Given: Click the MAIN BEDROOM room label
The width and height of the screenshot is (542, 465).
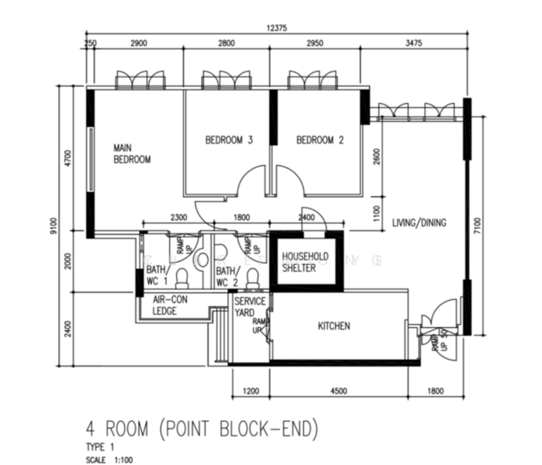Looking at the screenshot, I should coord(132,153).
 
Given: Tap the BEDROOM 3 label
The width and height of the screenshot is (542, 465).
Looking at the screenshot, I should coord(229,140).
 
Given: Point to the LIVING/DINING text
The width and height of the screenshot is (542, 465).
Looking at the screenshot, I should coord(419,223).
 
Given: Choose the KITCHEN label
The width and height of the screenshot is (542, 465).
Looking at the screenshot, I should coord(333,326).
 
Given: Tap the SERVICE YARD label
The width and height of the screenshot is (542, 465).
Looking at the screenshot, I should coord(250,307).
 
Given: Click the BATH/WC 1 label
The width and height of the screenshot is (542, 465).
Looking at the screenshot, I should coord(157,276).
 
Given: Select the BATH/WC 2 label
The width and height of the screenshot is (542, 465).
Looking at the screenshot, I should coord(226,276).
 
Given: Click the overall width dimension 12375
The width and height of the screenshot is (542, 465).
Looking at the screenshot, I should coord(276,29).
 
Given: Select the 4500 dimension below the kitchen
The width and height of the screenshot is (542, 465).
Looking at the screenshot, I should coord(339,391).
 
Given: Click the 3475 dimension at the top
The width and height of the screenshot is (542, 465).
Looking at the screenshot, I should coord(413,44).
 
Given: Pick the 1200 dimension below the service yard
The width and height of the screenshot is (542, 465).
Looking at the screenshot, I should coord(250,391).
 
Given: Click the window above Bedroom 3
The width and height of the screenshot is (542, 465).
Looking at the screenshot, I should coord(227,80).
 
